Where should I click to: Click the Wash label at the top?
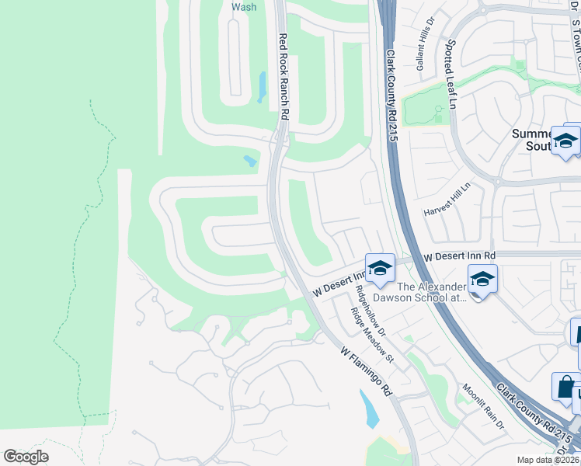click(244, 7)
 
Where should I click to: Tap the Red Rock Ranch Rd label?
click(284, 76)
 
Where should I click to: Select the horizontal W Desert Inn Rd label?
click(459, 256)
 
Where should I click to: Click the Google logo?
click(26, 456)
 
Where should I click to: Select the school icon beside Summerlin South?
click(565, 141)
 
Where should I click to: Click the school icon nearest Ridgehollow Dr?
click(379, 268)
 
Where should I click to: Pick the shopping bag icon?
click(566, 386)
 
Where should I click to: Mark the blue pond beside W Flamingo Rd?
click(370, 409)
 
